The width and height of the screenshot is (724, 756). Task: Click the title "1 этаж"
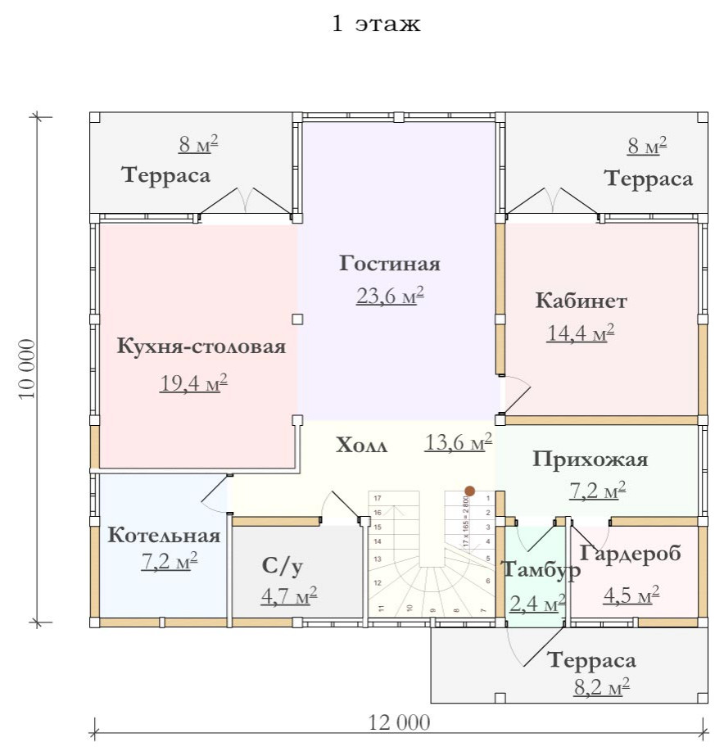(x=376, y=25)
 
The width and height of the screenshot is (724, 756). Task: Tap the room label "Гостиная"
(x=390, y=264)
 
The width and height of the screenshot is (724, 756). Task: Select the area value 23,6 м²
(x=389, y=296)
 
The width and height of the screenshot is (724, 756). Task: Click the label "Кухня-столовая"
(x=201, y=346)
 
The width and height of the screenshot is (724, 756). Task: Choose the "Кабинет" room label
(x=581, y=301)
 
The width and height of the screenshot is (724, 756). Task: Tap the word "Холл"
(x=361, y=446)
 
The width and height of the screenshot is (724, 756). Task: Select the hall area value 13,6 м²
(x=458, y=443)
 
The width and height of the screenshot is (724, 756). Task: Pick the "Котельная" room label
(x=165, y=536)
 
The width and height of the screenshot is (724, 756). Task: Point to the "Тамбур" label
(x=541, y=569)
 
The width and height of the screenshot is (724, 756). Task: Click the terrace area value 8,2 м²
(x=601, y=686)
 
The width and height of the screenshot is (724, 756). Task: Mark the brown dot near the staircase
(x=469, y=491)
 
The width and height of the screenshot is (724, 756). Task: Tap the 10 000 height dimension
(x=27, y=367)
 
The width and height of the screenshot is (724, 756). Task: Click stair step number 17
(x=378, y=498)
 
